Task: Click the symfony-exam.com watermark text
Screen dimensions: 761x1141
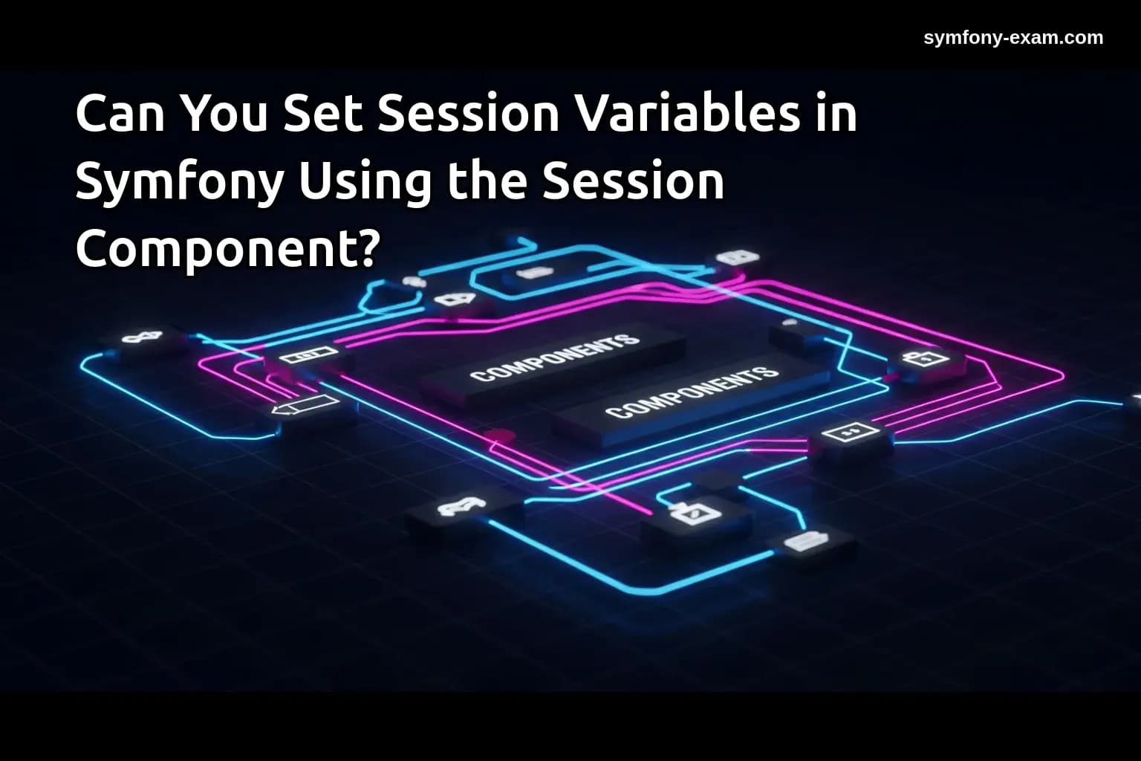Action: (1013, 38)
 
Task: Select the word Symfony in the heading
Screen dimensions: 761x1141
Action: (178, 181)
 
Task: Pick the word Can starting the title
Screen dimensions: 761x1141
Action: (120, 114)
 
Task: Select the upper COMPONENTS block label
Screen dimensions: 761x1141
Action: (554, 357)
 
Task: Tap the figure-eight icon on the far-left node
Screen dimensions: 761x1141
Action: (142, 338)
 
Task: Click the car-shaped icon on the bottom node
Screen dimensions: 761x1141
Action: (461, 508)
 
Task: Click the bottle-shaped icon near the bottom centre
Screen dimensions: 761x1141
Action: (692, 512)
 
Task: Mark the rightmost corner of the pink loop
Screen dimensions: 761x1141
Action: (1063, 374)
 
